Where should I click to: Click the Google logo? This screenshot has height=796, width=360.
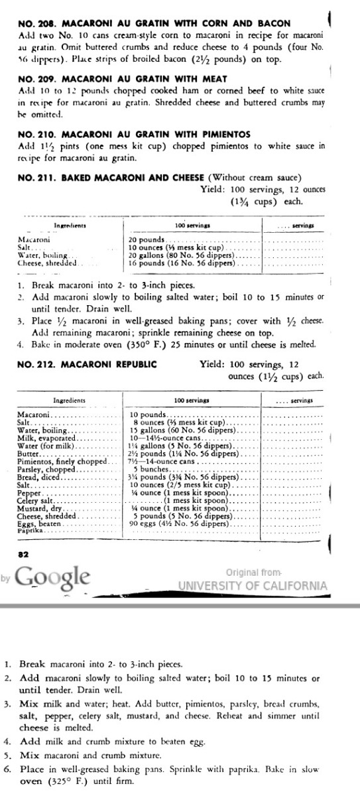point(52,575)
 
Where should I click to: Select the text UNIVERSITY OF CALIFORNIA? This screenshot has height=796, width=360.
point(253,586)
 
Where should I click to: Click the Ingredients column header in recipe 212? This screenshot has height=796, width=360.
point(70,401)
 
